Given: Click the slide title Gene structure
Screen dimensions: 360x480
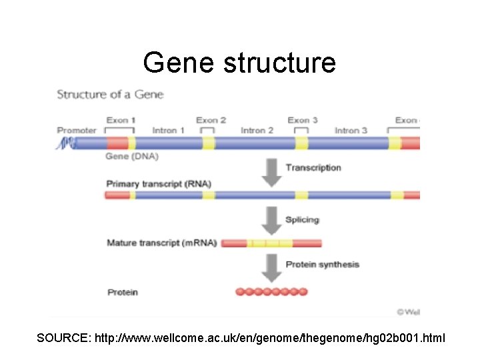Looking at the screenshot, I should tap(239, 63).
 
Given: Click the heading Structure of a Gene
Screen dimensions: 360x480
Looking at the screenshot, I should tap(110, 94).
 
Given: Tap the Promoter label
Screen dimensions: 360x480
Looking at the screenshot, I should tap(77, 130).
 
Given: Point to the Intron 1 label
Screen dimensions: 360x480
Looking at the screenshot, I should tap(169, 130).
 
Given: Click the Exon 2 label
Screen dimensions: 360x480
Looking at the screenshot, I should tap(211, 120).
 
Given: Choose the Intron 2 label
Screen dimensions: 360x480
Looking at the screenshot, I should tap(257, 130).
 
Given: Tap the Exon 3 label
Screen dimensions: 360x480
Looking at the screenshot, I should tap(302, 120).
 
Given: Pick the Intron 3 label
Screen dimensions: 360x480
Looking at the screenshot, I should tap(351, 130).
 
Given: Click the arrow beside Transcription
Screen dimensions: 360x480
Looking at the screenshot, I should tap(271, 171).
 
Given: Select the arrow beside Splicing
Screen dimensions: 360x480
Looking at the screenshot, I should tap(271, 219).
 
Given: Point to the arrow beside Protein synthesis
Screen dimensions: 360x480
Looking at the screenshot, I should tap(271, 267).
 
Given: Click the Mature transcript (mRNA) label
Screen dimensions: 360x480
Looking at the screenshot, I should tap(161, 243).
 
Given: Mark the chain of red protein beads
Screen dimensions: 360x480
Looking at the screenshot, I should tap(271, 291).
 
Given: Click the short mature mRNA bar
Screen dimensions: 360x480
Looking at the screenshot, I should tap(271, 243).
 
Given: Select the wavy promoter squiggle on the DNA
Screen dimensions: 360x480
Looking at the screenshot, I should tap(64, 143).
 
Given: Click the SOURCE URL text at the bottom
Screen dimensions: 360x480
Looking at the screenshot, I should tap(241, 339).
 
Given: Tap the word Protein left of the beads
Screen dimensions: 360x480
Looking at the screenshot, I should tap(122, 292).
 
